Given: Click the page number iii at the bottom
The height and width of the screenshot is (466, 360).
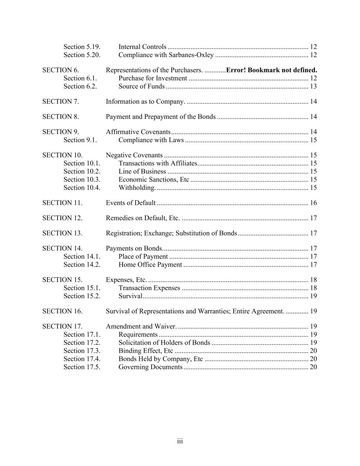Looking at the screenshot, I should [180, 441].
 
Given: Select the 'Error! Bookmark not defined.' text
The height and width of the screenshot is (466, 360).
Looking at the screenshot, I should [272, 70].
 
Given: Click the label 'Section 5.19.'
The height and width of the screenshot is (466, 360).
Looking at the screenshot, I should [82, 47].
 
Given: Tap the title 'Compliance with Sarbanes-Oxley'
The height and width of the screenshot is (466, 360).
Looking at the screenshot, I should [166, 55].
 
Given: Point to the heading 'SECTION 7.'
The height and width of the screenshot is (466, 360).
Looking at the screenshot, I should [60, 101].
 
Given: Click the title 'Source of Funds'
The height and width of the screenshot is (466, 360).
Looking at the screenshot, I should [142, 86].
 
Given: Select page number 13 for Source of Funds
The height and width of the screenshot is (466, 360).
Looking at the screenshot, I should [313, 86].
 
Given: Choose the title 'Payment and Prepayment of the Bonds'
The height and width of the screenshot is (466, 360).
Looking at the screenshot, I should [161, 117].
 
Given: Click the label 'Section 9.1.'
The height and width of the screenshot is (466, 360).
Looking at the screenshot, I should [80, 140].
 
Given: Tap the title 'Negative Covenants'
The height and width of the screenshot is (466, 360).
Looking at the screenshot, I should [134, 155].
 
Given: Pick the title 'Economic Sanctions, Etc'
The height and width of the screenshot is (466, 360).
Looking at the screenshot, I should [154, 180].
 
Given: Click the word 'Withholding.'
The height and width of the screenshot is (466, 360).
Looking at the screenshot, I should [137, 188].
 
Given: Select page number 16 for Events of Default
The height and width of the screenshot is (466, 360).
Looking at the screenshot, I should [313, 203].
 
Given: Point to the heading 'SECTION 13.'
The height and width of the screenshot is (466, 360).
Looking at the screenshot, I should [62, 233].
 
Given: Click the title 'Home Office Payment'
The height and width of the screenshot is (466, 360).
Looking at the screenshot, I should [150, 265].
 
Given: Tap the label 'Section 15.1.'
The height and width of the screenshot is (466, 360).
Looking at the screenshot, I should [82, 288].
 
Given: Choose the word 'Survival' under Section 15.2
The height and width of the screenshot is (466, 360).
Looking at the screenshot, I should [130, 296].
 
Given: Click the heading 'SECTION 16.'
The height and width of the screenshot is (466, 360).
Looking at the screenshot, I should [62, 311].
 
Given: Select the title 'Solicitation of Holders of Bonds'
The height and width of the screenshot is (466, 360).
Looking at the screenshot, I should [164, 343].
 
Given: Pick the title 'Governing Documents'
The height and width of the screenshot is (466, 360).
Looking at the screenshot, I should [150, 367].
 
